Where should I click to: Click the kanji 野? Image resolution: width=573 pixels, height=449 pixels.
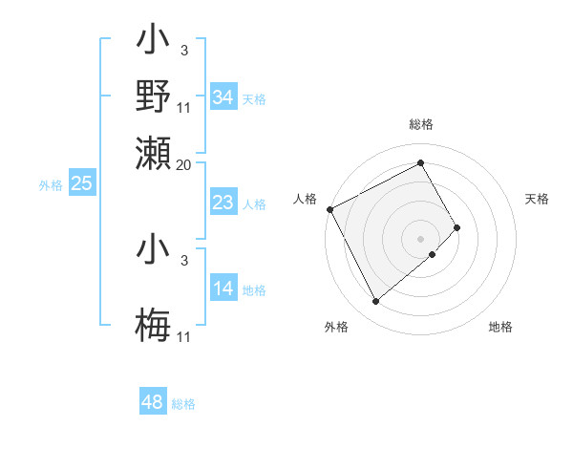point(154,96)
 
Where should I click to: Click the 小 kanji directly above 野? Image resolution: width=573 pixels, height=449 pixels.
point(154,41)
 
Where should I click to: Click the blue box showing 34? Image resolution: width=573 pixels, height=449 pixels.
point(223,97)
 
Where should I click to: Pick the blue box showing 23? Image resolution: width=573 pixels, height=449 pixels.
point(223,203)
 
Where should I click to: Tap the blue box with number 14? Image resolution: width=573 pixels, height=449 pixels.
point(223,289)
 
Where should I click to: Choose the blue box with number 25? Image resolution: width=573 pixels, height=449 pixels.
point(81,183)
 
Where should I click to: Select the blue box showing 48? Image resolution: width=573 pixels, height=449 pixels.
point(153,402)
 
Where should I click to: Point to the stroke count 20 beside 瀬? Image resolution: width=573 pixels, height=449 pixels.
point(185,164)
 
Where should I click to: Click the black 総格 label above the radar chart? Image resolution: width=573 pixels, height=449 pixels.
point(421,124)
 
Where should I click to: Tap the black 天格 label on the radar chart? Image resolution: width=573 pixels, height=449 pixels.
point(538,199)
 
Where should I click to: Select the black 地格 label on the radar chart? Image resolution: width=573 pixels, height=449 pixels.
point(500,327)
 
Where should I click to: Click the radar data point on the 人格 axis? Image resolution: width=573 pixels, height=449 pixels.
point(329,209)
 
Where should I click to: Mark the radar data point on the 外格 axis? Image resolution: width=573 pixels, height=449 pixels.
point(375,302)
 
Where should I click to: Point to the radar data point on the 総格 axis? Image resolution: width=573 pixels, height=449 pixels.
point(421,162)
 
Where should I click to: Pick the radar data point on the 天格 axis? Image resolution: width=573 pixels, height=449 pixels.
point(457,227)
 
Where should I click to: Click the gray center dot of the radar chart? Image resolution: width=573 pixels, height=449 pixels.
point(421,238)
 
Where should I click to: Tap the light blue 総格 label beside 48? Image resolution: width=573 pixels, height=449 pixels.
point(183,404)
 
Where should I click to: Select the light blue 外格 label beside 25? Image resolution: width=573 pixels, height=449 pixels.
point(51,185)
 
